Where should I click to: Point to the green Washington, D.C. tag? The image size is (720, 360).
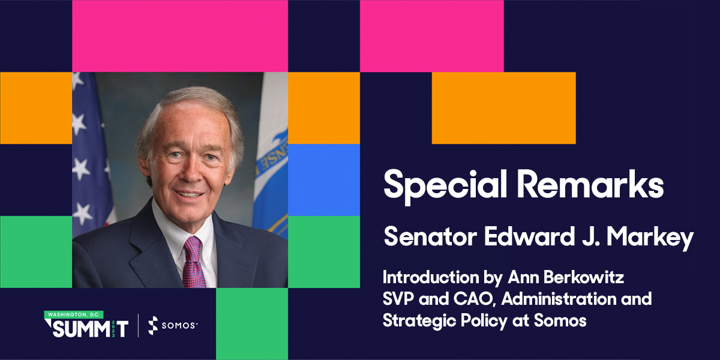(x=73, y=314)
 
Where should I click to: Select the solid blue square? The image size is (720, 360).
(x=324, y=180)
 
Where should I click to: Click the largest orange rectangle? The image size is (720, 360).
(x=503, y=108)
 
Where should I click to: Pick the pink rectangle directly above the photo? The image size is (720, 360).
(x=180, y=36)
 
